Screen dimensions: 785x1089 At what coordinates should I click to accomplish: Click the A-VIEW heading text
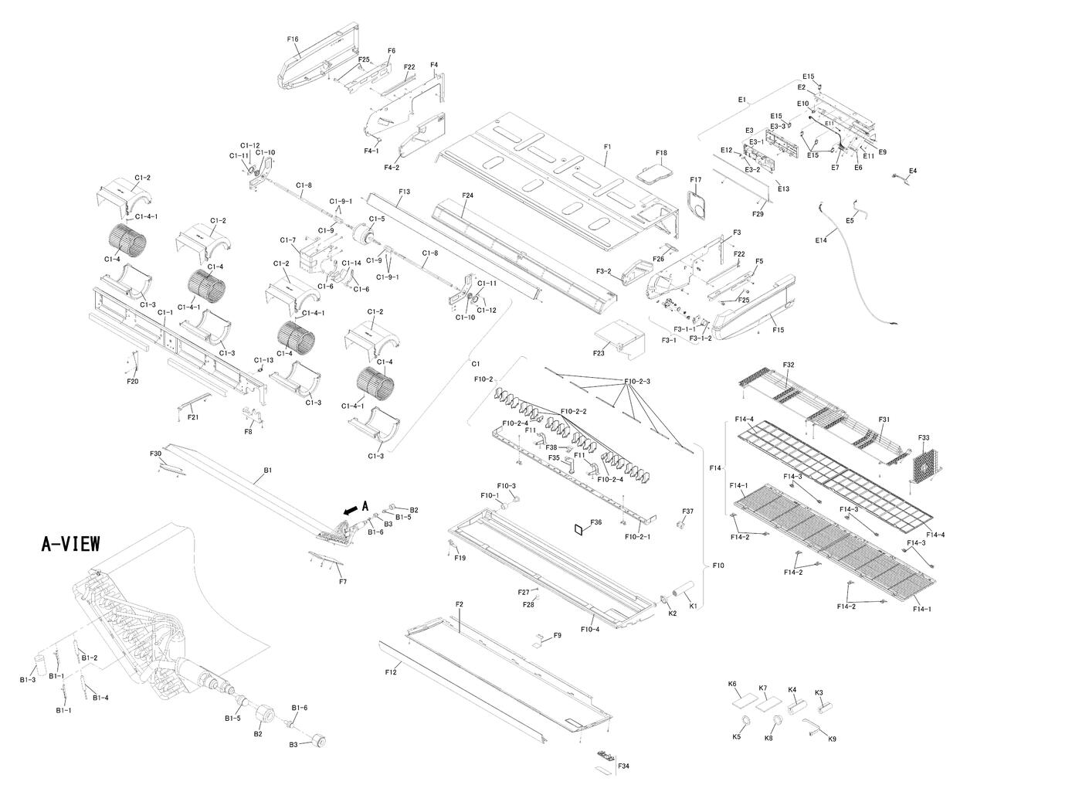tap(70, 544)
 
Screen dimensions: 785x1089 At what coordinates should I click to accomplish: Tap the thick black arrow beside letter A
tap(350, 509)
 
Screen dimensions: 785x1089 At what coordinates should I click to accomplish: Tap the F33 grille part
tap(924, 465)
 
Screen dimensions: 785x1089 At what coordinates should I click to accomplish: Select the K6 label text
tap(732, 684)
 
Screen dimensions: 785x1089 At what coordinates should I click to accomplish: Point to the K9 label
tap(831, 739)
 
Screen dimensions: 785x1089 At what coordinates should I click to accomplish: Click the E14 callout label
tap(820, 240)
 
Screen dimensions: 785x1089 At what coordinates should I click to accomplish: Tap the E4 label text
tap(913, 170)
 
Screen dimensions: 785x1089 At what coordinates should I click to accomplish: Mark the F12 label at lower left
tap(390, 672)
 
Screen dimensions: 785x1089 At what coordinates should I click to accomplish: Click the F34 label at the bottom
tap(623, 766)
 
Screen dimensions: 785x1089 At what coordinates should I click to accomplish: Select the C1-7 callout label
tap(287, 240)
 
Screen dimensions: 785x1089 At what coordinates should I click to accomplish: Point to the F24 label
tap(467, 195)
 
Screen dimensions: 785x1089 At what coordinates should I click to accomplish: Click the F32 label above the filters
tap(788, 364)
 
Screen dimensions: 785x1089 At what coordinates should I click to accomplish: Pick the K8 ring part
tap(779, 722)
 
